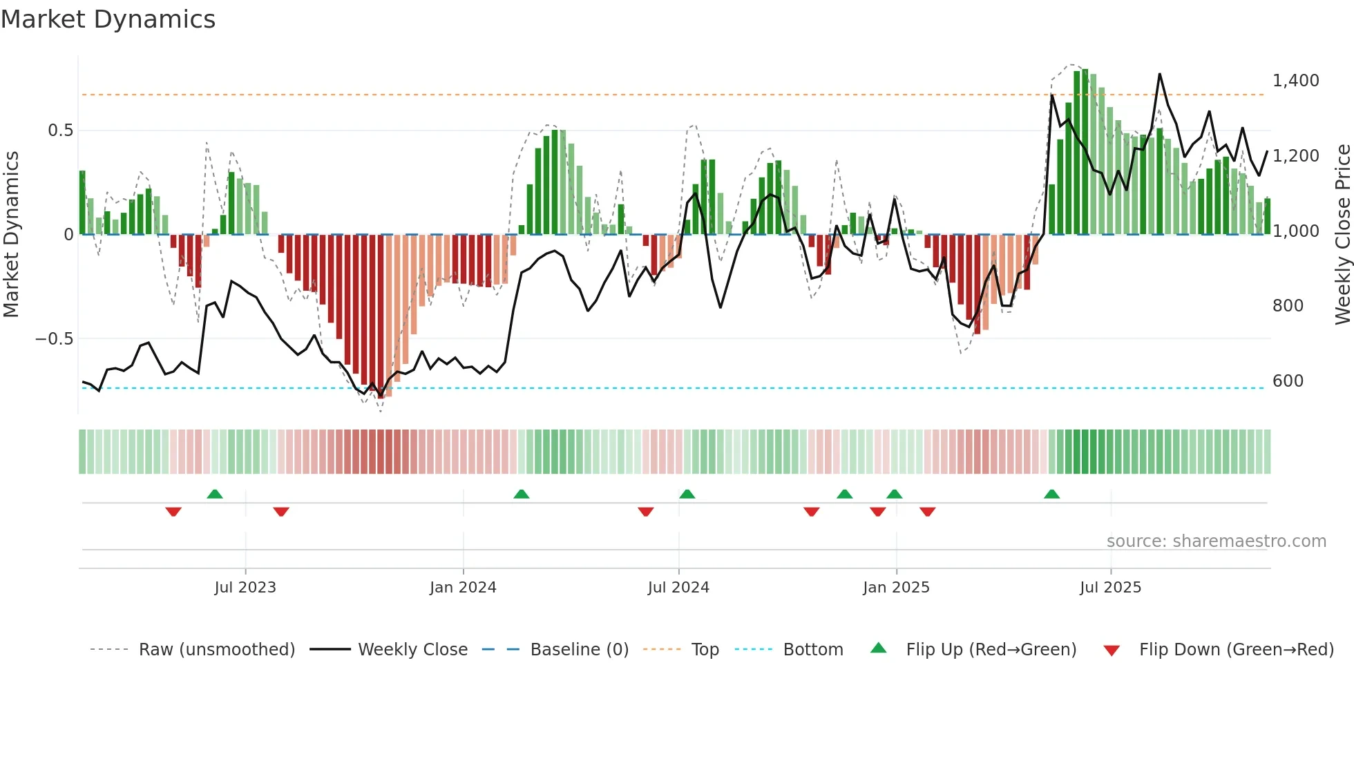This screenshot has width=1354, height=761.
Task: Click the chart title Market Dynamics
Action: (108, 19)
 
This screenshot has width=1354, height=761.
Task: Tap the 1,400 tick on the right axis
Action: (1295, 81)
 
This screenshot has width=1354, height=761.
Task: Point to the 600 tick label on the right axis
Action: (1288, 381)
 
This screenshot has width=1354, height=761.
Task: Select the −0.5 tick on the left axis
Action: (54, 339)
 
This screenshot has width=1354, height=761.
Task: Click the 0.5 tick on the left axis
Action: (60, 131)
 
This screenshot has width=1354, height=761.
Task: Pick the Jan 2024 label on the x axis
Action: (463, 588)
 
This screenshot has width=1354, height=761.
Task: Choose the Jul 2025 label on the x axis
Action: (1110, 588)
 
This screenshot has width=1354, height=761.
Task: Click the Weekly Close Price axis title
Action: (1342, 234)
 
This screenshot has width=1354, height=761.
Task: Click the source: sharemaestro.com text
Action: (1216, 541)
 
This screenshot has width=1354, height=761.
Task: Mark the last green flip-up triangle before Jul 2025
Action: (1051, 494)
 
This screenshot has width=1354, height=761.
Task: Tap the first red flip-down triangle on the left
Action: (173, 512)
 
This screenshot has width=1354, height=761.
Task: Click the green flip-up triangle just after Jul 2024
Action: (687, 494)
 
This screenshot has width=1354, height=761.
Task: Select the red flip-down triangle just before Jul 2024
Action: (645, 512)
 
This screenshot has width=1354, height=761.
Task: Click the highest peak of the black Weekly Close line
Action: (1159, 74)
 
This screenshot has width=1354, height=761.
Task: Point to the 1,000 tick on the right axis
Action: (1295, 231)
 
